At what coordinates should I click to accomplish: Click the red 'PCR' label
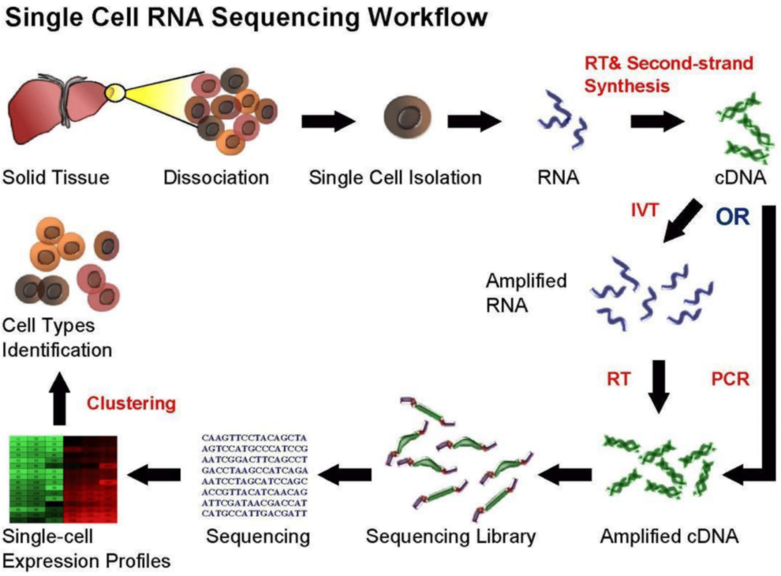tap(730, 379)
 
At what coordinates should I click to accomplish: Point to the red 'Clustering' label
tap(131, 403)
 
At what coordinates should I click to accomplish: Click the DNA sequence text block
tap(254, 474)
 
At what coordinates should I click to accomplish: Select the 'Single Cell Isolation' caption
tap(395, 178)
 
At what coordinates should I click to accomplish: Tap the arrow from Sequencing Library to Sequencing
tap(344, 474)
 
